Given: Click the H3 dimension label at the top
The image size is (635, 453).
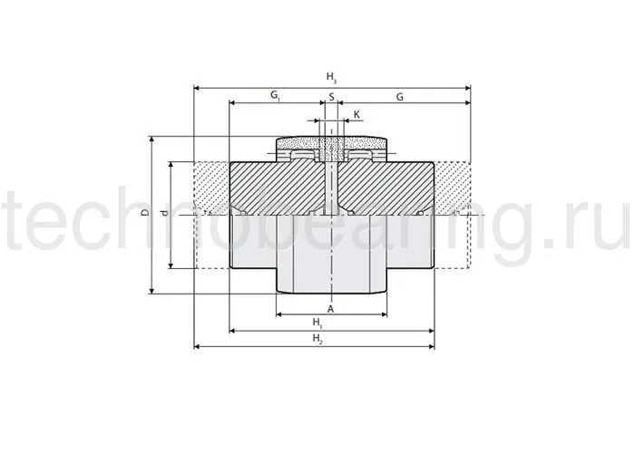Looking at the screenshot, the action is [x=331, y=77].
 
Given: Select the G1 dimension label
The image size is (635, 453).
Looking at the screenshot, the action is [x=276, y=96].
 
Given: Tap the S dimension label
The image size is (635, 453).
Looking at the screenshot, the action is [x=332, y=97].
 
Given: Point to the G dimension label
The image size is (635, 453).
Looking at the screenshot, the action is [x=400, y=97].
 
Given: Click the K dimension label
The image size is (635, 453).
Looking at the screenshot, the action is [x=357, y=115].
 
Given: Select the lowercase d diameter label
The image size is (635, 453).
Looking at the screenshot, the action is [x=164, y=213].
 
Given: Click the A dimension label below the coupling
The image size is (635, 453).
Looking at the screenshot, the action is [x=331, y=309].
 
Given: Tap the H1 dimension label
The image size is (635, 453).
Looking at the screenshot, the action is [x=317, y=323].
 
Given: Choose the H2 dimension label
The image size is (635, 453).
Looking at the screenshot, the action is [x=317, y=339].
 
